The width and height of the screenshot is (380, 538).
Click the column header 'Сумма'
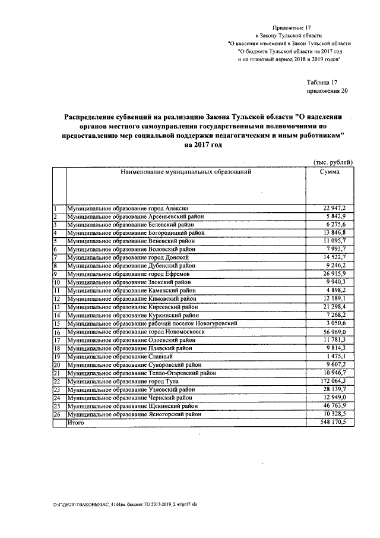pos(330,172)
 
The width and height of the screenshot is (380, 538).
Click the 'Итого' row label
pos(75,422)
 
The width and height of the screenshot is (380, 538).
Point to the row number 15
pos(58,323)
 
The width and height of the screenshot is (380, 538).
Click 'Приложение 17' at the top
pos(292,28)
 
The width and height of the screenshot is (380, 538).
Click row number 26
pos(58,414)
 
